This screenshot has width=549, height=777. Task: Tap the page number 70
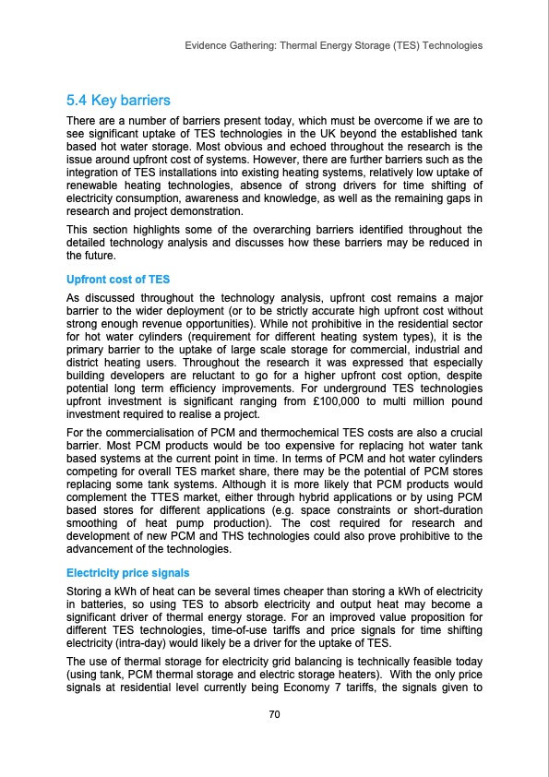[274, 714]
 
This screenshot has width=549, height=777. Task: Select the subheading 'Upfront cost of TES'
[113, 279]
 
